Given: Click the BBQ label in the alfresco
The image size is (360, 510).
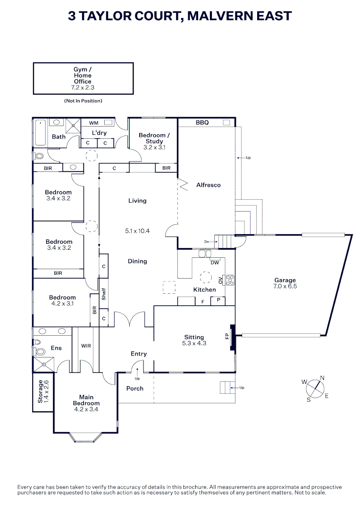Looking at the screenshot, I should click(x=202, y=123).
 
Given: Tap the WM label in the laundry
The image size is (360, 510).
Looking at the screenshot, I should click(x=93, y=123).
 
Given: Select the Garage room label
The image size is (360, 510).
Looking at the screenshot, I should click(x=285, y=280).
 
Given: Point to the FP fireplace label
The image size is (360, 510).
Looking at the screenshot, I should click(x=227, y=337).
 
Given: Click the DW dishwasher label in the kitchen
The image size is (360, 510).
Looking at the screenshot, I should click(x=215, y=263).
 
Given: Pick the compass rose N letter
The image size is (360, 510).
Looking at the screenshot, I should click(x=322, y=377).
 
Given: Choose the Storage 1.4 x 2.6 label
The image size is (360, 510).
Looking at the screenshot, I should click(x=43, y=391).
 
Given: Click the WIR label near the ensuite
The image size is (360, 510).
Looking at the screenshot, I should click(x=86, y=346).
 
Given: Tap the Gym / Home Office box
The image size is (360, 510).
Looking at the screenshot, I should click(x=83, y=78).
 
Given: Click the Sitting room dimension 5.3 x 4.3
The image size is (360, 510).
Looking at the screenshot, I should click(x=194, y=343).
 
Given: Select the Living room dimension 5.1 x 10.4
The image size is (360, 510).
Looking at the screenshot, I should click(x=137, y=231).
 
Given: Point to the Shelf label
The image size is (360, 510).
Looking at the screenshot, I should click(x=103, y=294).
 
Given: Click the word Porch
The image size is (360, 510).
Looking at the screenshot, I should click(x=134, y=389).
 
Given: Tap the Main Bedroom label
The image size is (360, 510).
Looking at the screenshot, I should click(x=86, y=400).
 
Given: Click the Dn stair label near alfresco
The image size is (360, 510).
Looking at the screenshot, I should click(x=207, y=242).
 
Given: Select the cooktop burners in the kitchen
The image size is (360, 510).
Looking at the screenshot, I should click(x=230, y=280).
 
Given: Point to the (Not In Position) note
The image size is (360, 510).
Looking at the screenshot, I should click(x=83, y=101).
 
